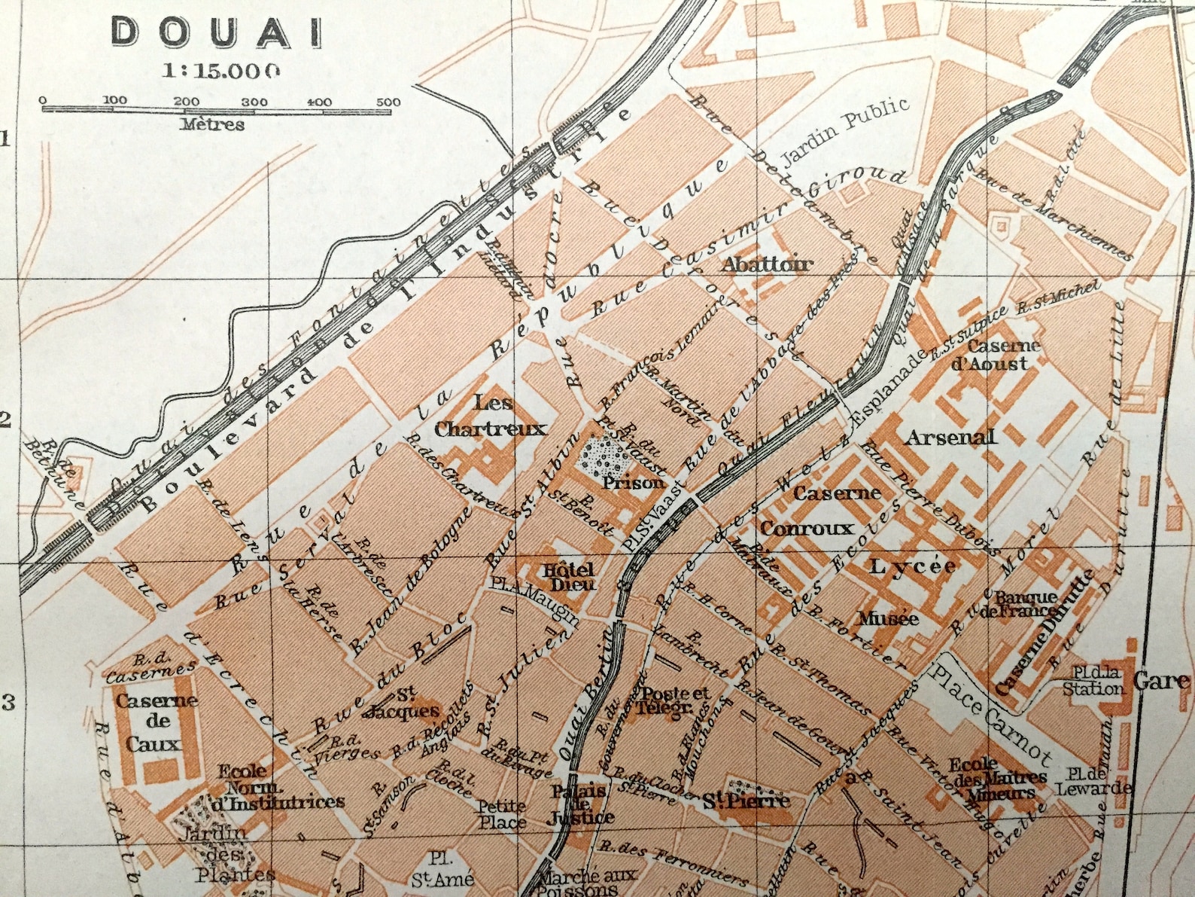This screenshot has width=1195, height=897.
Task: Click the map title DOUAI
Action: coord(217,32)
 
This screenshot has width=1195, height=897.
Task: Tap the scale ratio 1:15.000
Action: coord(221,71)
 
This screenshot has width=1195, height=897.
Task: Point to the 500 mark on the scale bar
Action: coord(388,102)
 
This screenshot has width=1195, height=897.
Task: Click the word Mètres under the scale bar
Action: coord(212,124)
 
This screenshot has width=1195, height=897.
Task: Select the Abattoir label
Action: coord(767,264)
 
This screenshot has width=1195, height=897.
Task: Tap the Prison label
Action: coord(633,483)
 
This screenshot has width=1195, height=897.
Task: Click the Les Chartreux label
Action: coord(491,416)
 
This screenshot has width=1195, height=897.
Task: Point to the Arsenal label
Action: coord(950,438)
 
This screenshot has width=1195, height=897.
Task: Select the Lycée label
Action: coord(912,566)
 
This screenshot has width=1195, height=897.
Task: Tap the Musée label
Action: coord(888,619)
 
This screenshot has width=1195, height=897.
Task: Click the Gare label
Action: coord(1161,681)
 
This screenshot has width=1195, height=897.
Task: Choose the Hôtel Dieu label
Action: coord(569,576)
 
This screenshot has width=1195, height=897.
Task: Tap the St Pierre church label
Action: coord(746,801)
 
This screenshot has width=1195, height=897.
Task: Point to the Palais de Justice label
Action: coord(581,804)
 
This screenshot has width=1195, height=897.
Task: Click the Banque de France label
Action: coord(1026,603)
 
